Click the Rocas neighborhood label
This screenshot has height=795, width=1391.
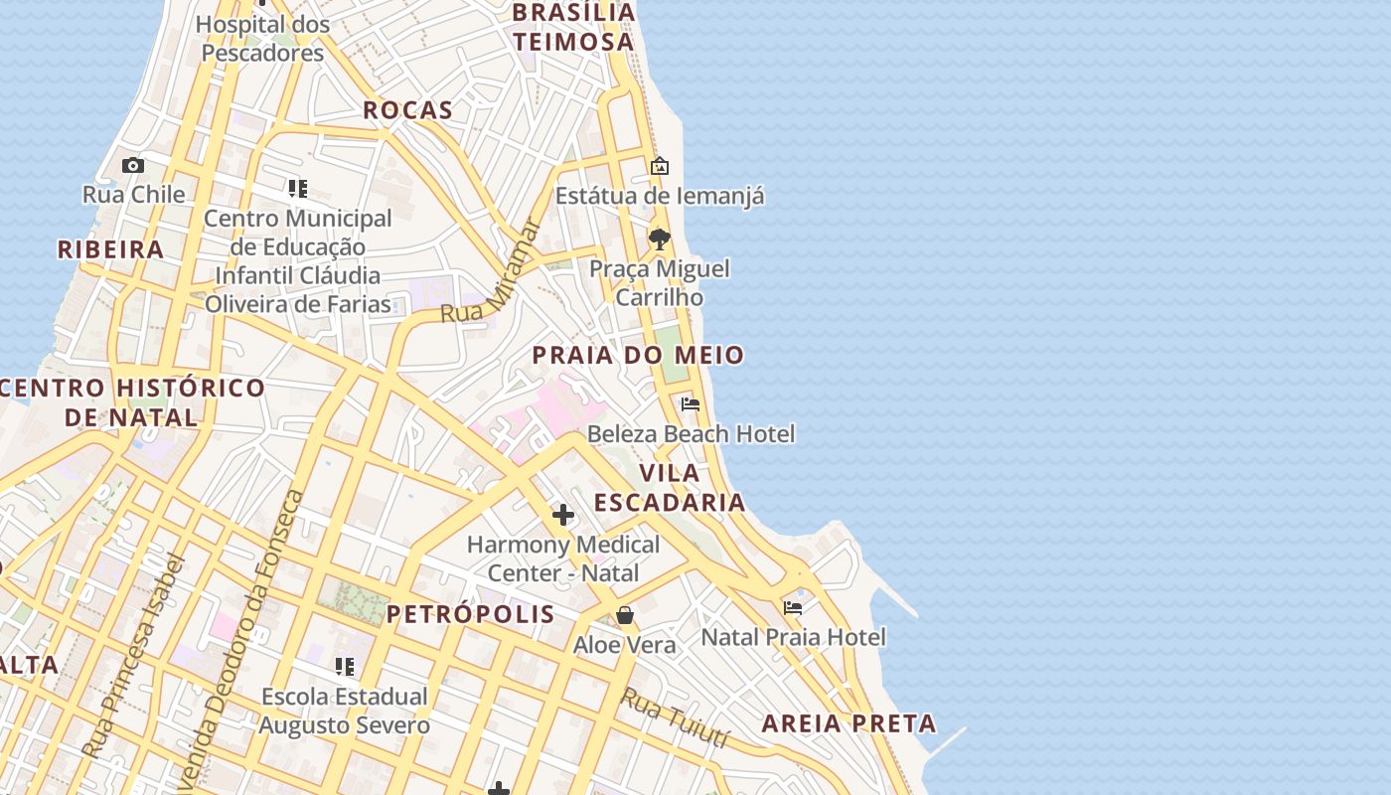pyautogui.click(x=407, y=110)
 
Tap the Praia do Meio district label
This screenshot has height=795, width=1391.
pyautogui.click(x=638, y=355)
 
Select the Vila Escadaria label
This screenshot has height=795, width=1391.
pyautogui.click(x=684, y=487)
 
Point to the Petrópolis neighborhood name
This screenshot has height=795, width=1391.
pyautogui.click(x=471, y=614)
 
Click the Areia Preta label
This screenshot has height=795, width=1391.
pyautogui.click(x=849, y=723)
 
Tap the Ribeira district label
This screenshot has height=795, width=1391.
pyautogui.click(x=110, y=249)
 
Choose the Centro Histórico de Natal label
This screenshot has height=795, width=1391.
pyautogui.click(x=132, y=401)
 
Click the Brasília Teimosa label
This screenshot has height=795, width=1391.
pyautogui.click(x=573, y=27)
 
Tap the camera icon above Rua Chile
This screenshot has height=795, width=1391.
pyautogui.click(x=133, y=165)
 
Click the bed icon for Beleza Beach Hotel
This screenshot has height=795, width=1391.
pyautogui.click(x=691, y=403)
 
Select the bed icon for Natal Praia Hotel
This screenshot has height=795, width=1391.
pyautogui.click(x=792, y=607)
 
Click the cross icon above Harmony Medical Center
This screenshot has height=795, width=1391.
pyautogui.click(x=563, y=515)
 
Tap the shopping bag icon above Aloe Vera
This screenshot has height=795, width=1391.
pyautogui.click(x=625, y=615)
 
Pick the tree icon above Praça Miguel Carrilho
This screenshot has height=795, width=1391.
pyautogui.click(x=659, y=238)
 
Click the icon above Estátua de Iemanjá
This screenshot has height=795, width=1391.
pyautogui.click(x=659, y=166)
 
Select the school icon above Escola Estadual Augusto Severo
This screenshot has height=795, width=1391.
pyautogui.click(x=345, y=666)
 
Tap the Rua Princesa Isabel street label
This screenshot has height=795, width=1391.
pyautogui.click(x=134, y=656)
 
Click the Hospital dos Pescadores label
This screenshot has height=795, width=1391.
pyautogui.click(x=263, y=39)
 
